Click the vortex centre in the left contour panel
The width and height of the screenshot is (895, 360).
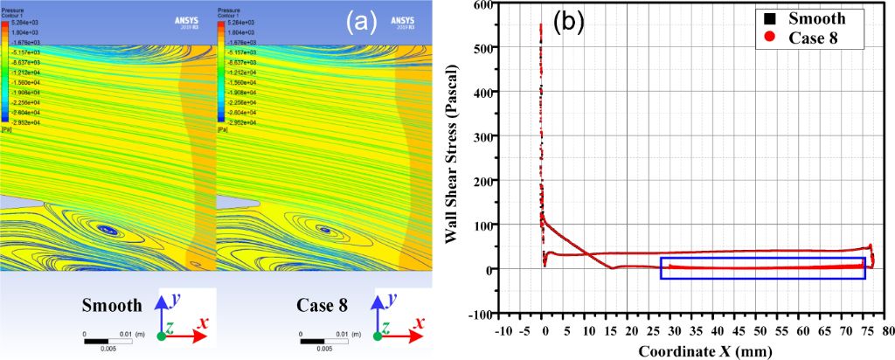108,230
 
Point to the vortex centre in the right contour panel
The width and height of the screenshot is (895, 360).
325,231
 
